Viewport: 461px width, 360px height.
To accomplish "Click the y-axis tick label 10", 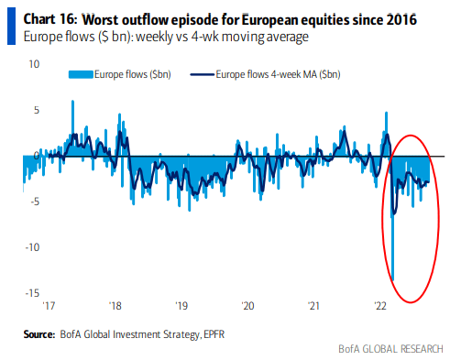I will pyautogui.click(x=34, y=64).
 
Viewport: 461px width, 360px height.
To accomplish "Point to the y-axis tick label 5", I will pyautogui.click(x=37, y=110).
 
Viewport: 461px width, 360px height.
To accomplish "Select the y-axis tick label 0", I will pyautogui.click(x=37, y=156).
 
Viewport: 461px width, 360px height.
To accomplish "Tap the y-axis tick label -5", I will pyautogui.click(x=34, y=202).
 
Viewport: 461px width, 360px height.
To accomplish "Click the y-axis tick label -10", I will pyautogui.click(x=32, y=247).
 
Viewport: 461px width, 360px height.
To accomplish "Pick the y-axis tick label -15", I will pyautogui.click(x=32, y=293).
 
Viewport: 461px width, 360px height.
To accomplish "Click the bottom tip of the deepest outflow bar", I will pyautogui.click(x=393, y=280).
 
